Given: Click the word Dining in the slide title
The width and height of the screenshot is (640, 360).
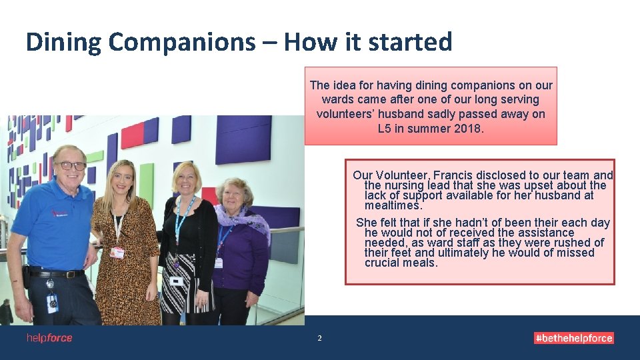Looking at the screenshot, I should coord(63,42).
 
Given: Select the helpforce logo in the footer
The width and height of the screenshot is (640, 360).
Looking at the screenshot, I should coord(49,338).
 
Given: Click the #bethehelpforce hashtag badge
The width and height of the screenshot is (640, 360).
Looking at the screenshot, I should coord(573,338).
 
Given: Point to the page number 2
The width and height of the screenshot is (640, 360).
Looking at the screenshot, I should coord(319,339).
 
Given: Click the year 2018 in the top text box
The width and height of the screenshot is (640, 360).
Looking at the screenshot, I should coord(467,128).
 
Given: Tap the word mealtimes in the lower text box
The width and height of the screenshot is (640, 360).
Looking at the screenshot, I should coord(393,206).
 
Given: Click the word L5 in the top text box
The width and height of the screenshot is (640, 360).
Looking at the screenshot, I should coord(384,128).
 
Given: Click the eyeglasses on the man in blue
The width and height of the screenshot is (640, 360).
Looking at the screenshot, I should coord(71,165).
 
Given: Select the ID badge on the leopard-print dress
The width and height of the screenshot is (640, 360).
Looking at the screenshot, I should coord(117,253).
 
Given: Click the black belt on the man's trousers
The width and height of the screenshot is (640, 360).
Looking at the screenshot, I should coord(57,273).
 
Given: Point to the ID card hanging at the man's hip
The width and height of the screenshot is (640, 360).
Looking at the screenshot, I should coord(52,303).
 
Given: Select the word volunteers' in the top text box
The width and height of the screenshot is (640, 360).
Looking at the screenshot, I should coord(347,114).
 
